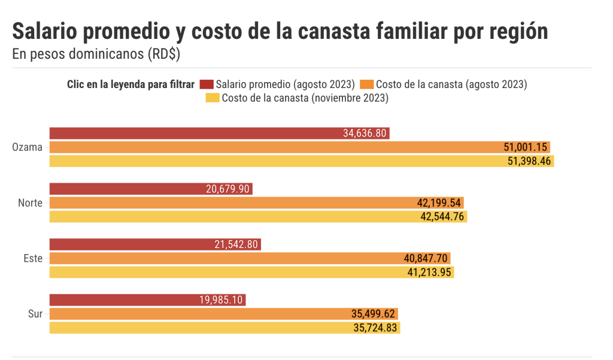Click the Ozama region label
tap(28, 147)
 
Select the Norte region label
tap(31, 203)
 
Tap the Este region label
tap(32, 258)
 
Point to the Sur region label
tap(35, 314)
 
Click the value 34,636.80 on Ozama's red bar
tap(365, 133)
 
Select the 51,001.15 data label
tap(525, 147)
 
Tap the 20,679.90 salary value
tap(228, 189)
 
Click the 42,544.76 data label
tap(442, 217)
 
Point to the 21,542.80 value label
tap(236, 244)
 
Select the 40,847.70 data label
tap(426, 258)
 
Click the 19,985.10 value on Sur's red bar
tap(221, 300)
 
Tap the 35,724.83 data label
tap(375, 328)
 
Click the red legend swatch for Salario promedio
tap(207, 84)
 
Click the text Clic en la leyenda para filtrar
tap(131, 84)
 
